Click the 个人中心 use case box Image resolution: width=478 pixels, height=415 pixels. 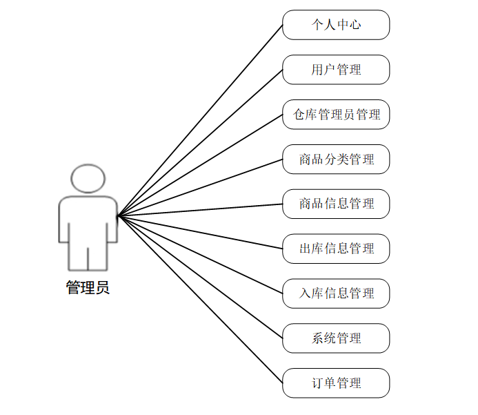[336, 25]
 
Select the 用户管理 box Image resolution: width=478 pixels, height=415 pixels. [336, 70]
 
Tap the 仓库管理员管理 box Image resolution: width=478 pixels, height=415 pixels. [336, 115]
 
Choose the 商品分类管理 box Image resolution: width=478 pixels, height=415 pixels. [336, 160]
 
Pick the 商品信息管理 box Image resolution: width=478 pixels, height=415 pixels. [336, 204]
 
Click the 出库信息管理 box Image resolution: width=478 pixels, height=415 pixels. [336, 249]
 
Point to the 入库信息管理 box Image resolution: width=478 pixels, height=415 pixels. [336, 293]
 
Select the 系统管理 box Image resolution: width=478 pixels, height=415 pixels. [336, 338]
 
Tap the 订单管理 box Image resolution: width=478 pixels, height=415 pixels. [336, 383]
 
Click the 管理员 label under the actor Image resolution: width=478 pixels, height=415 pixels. [88, 288]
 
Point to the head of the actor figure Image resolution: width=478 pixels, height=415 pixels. [88, 178]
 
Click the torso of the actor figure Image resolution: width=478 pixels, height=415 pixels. [88, 221]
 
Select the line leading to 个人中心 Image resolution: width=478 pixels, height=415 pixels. [200, 121]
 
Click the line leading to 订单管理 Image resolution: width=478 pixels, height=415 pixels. [200, 300]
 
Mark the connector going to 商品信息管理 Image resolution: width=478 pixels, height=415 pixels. [200, 210]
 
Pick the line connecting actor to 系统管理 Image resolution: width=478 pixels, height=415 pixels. [200, 277]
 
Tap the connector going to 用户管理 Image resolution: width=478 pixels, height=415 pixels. [200, 143]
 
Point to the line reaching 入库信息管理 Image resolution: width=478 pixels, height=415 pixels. [200, 255]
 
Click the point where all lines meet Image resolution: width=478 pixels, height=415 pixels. [118, 216]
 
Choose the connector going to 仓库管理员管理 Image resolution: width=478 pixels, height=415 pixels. [200, 166]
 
